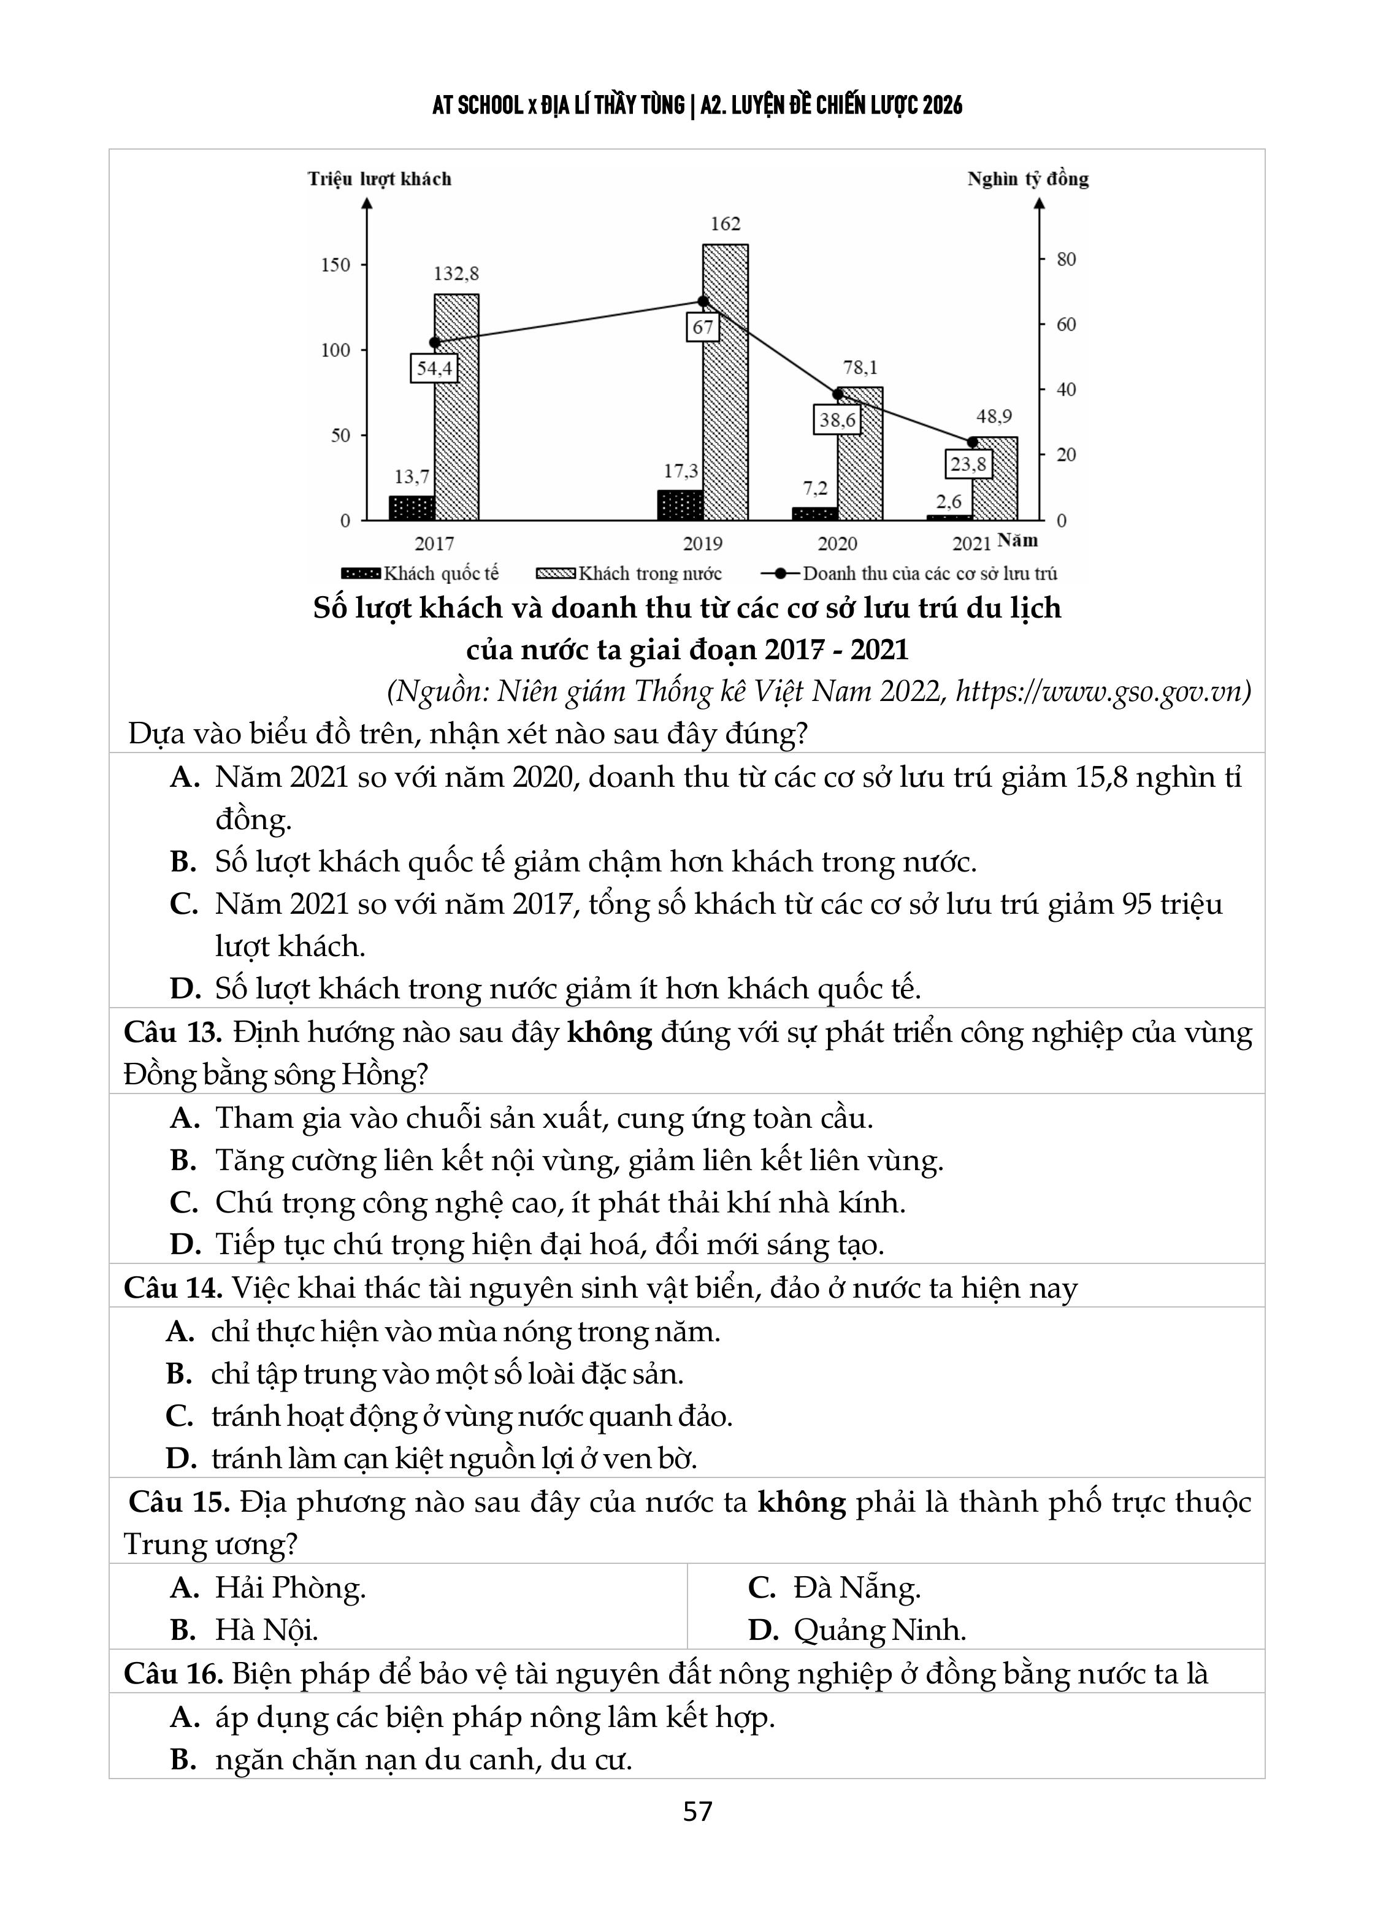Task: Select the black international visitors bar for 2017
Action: click(x=412, y=508)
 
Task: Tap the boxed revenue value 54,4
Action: click(x=434, y=368)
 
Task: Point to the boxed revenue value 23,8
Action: click(x=968, y=464)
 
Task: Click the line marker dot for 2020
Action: click(x=838, y=394)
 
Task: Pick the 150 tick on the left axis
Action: click(x=336, y=265)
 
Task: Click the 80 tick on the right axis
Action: click(x=1066, y=259)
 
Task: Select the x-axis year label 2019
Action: click(x=702, y=543)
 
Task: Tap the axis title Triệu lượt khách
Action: click(x=379, y=178)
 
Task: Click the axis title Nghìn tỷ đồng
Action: click(x=1028, y=178)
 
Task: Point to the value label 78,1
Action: click(x=860, y=367)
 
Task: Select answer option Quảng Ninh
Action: click(x=879, y=1630)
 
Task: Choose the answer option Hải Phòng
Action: click(x=290, y=1587)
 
